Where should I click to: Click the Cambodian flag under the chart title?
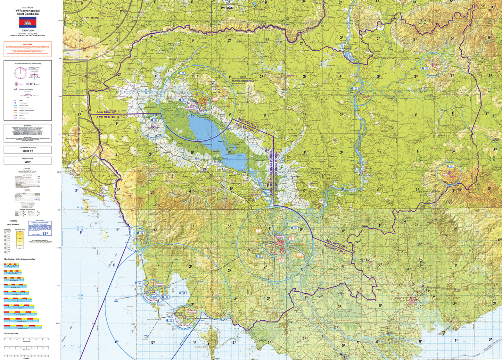coord(27,23)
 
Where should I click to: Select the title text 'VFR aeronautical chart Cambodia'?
coord(27,12)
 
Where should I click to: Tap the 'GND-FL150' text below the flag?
coord(27,31)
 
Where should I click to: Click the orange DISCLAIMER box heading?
coord(28,44)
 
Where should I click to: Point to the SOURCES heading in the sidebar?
coord(28,126)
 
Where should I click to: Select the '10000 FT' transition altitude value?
coord(28,151)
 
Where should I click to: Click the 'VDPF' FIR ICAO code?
coord(28,162)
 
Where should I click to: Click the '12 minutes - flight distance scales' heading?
coord(19,259)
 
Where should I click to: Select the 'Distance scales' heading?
coord(11,333)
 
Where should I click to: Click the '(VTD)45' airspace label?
coord(227,7)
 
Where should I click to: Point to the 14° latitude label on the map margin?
coord(60,59)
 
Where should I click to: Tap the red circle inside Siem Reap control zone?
coord(202,101)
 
